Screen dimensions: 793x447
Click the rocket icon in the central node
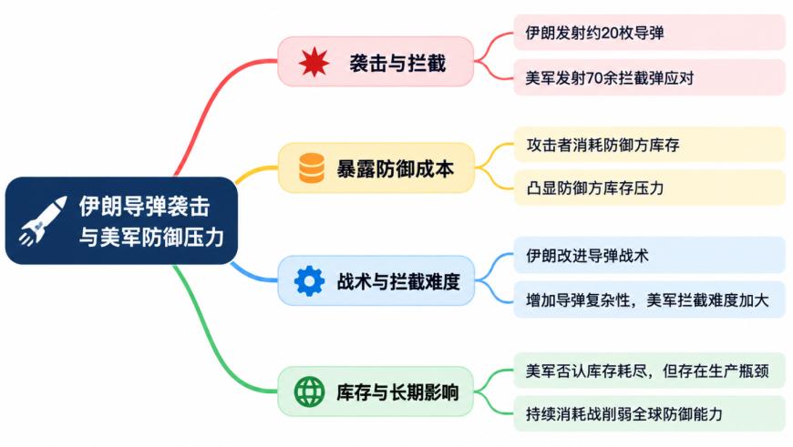tap(43, 220)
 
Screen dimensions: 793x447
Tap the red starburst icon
tap(314, 62)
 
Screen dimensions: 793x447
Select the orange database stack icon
tap(312, 168)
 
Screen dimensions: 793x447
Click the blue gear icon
tap(310, 280)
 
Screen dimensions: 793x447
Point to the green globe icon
tap(310, 391)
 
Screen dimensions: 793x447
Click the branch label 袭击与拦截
tap(397, 63)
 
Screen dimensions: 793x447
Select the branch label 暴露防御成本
tap(396, 168)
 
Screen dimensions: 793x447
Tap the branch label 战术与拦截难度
tap(398, 281)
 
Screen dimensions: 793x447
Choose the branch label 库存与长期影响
tap(397, 392)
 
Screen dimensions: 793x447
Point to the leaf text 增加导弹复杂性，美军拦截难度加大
tap(647, 300)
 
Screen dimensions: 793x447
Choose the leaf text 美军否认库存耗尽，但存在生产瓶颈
tap(647, 371)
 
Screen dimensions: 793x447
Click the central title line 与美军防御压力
tap(151, 237)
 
